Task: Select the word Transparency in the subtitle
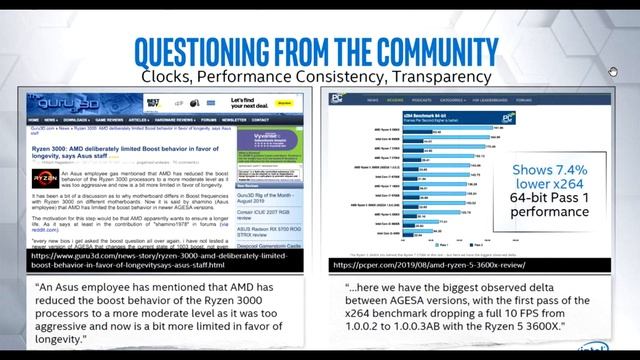[429, 76]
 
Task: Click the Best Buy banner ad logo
[153, 102]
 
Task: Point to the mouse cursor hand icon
[614, 72]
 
